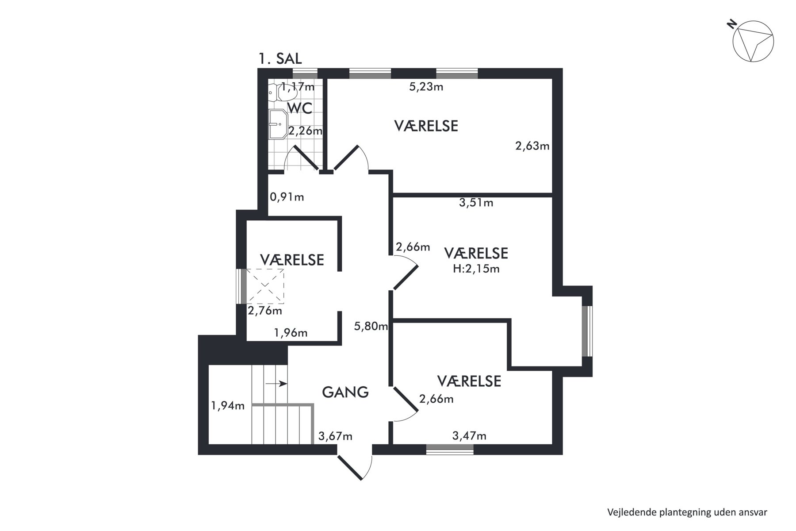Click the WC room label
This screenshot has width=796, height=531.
[x=299, y=108]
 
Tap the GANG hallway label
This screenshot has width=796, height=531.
[x=345, y=392]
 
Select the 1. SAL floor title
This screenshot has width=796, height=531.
[x=280, y=58]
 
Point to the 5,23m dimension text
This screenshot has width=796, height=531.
[x=426, y=87]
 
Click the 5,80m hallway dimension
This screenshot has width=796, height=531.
[x=371, y=327]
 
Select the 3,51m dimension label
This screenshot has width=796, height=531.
[x=476, y=203]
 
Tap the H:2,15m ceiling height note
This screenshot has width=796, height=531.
[x=476, y=269]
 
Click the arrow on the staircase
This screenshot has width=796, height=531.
[x=276, y=384]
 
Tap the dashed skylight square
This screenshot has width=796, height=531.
[x=265, y=286]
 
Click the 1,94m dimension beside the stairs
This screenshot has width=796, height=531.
[x=228, y=406]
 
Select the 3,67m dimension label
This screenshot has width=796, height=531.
[x=336, y=437]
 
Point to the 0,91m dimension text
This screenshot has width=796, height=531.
[x=287, y=197]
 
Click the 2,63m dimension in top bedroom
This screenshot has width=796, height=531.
[x=532, y=146]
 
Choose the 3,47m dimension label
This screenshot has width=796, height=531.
[x=470, y=436]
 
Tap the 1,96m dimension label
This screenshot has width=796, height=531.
[x=291, y=333]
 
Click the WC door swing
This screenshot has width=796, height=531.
[x=301, y=158]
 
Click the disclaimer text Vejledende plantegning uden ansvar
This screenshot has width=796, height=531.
[x=687, y=512]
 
